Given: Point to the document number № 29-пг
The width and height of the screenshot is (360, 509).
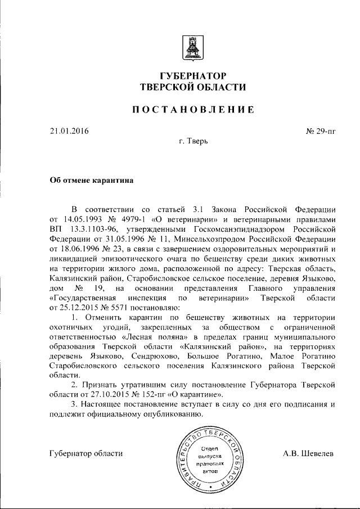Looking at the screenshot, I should (321, 132).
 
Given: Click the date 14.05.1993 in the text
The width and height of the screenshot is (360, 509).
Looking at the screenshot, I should (82, 218).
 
